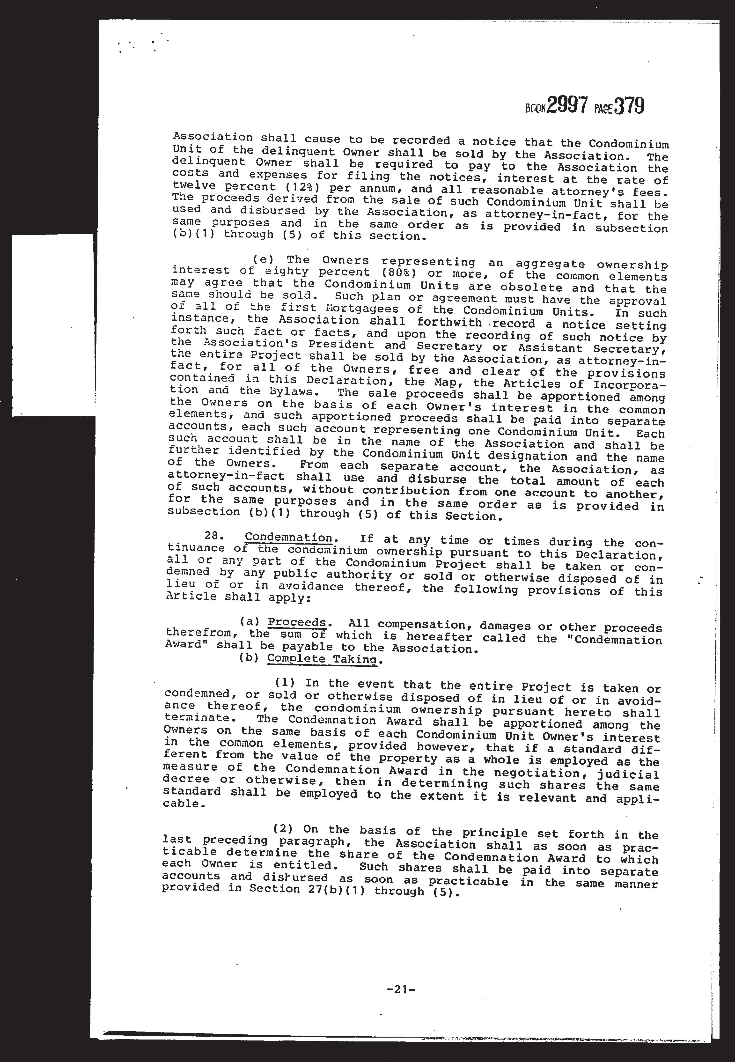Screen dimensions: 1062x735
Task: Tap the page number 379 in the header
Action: (629, 107)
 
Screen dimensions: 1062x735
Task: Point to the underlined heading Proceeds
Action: (297, 623)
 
